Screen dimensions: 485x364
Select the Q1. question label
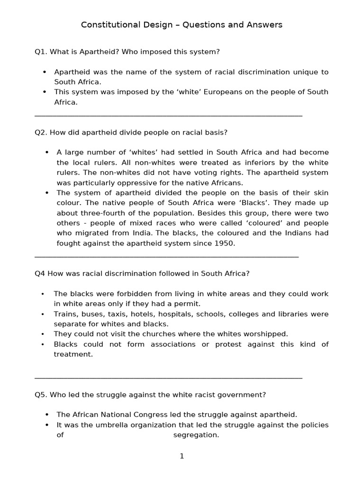pos(41,51)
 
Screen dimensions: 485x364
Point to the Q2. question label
pos(41,132)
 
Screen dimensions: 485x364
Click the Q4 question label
pos(40,273)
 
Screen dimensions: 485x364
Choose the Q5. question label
pos(41,395)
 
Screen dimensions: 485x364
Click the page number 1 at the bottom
pos(182,456)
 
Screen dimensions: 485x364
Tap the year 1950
pos(225,243)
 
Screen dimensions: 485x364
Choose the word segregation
pos(195,435)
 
